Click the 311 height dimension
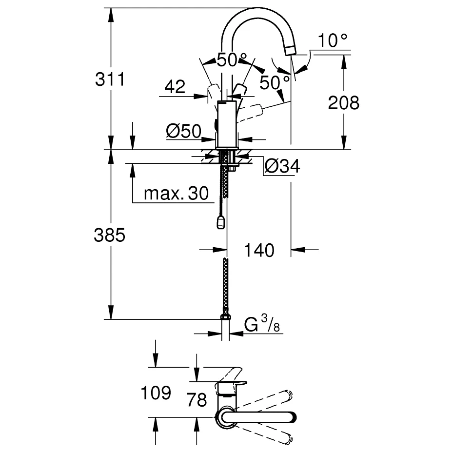click(x=109, y=79)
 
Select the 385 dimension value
click(x=109, y=236)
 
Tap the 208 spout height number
click(x=343, y=102)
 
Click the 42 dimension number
click(x=175, y=87)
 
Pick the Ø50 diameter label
click(x=183, y=131)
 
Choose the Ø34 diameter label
click(x=282, y=167)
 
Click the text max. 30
click(x=176, y=194)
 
